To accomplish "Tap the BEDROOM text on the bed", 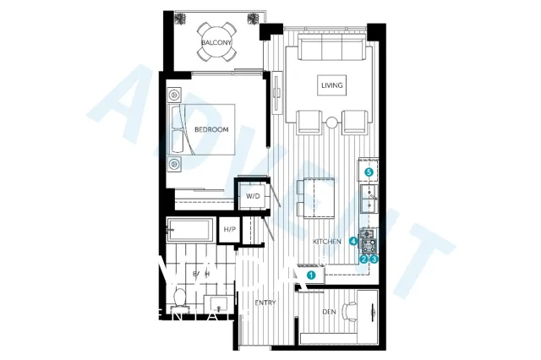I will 211,130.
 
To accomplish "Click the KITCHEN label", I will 327,242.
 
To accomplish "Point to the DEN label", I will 329,312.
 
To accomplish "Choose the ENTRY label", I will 266,302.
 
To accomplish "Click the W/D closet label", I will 253,196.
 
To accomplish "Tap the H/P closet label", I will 229,229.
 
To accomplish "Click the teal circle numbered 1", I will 311,274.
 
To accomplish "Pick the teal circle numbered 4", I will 353,241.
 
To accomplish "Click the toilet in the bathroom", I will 179,297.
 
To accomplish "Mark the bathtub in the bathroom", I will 190,229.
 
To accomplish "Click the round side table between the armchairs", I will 331,119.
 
